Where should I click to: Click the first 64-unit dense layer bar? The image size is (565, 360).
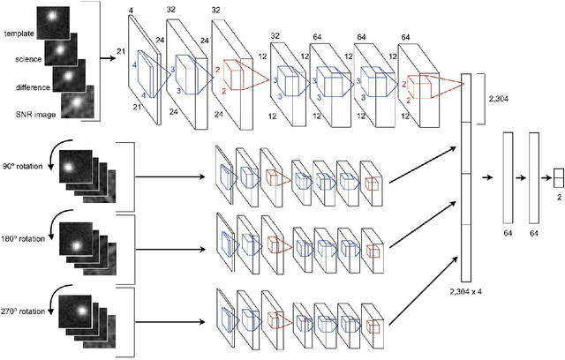pyautogui.click(x=508, y=177)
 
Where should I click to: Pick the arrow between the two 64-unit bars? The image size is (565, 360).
pyautogui.click(x=522, y=177)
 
